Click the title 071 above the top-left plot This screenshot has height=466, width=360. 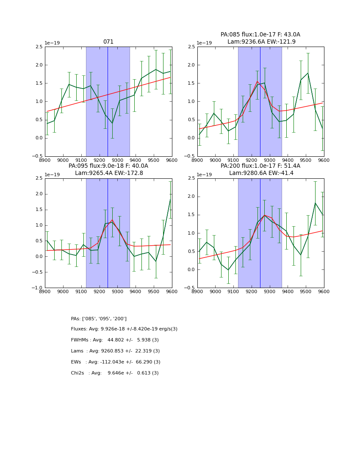tap(108, 42)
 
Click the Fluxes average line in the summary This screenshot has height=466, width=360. tap(124, 329)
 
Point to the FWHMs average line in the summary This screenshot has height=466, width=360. tap(115, 340)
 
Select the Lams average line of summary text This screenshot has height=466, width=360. tap(115, 351)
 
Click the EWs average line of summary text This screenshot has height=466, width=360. tap(116, 362)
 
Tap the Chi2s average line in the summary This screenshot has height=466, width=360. tap(115, 373)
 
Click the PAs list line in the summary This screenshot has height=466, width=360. tap(99, 319)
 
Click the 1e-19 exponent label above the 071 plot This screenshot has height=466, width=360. tap(52, 43)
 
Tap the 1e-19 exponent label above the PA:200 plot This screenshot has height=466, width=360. tap(204, 175)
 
